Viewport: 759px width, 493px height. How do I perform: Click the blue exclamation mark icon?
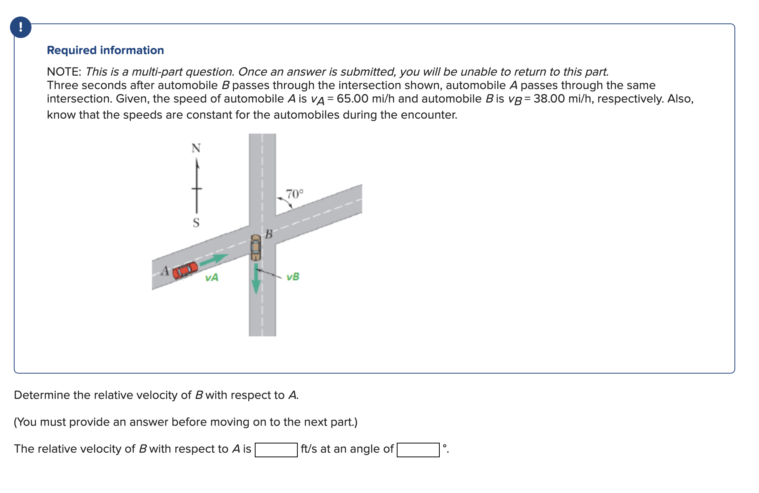21,27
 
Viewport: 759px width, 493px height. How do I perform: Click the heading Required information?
105,50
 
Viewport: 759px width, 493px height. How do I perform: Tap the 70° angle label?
294,194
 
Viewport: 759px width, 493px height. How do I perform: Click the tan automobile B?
256,247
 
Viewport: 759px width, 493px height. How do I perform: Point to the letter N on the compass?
196,148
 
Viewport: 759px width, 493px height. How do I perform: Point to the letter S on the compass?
196,222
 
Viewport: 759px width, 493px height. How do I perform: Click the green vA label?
211,277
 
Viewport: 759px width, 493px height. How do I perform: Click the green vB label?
293,276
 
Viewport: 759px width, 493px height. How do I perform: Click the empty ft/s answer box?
276,450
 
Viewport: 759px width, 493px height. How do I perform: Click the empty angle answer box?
418,450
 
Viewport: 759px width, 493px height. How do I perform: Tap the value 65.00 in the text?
352,99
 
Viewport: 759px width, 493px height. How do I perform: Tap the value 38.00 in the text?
549,99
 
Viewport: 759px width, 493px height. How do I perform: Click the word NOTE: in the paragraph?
64,72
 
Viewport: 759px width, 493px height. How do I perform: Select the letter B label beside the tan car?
269,234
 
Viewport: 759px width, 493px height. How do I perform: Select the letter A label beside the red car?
165,271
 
